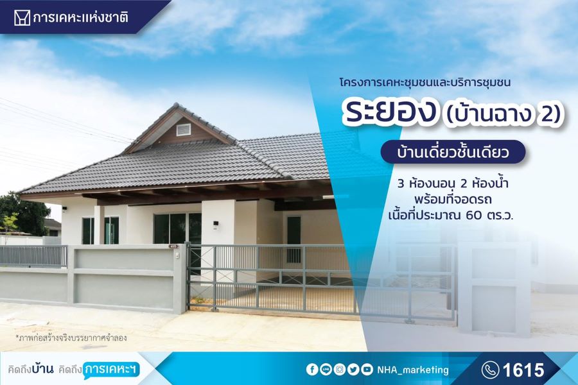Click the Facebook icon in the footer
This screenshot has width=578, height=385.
(x=312, y=370)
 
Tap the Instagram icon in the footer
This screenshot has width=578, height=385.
(x=339, y=370)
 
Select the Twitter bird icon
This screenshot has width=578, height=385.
(x=353, y=370)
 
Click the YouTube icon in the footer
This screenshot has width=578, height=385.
(x=367, y=370)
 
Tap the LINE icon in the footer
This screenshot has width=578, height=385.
(x=326, y=370)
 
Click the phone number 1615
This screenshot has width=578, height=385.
(x=523, y=370)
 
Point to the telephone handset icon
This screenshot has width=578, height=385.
(x=490, y=370)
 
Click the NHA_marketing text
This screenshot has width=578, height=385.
(x=413, y=370)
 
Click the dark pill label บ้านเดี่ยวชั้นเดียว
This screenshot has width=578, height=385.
(x=453, y=152)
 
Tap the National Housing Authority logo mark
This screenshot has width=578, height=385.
(x=22, y=17)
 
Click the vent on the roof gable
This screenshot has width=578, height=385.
(x=183, y=130)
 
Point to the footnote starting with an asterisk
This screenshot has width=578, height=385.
(x=71, y=338)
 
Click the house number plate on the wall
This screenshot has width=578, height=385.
(x=173, y=246)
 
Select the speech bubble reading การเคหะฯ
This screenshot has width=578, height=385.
(x=111, y=370)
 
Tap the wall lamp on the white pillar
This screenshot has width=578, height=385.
(x=215, y=224)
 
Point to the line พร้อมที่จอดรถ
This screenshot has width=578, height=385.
(x=453, y=200)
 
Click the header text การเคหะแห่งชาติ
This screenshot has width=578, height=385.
(x=80, y=17)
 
